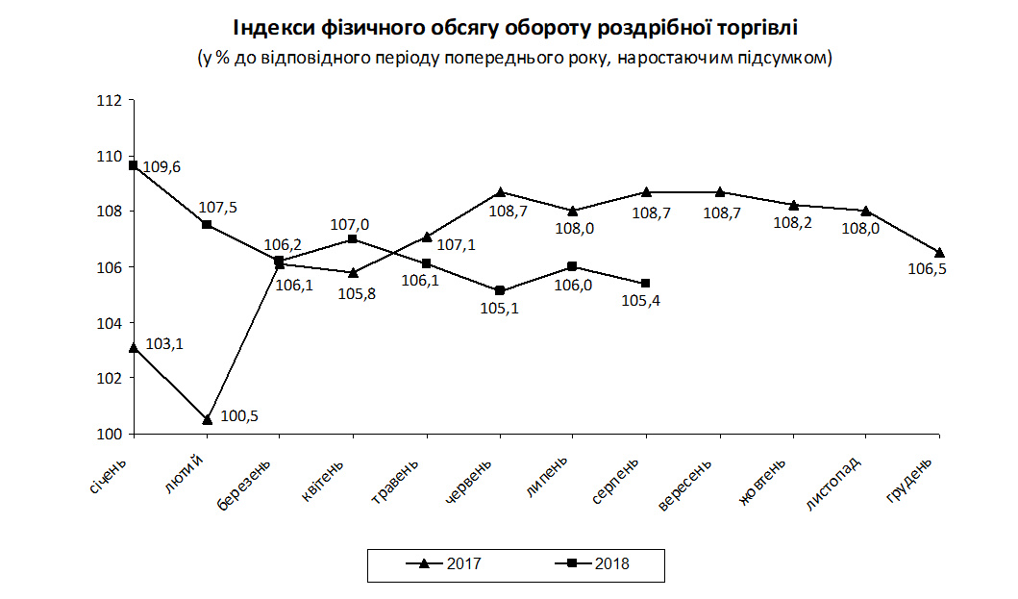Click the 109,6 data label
[x=161, y=167]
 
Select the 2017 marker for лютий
[x=207, y=419]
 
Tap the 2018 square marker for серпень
[x=646, y=283]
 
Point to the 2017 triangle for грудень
[x=939, y=253]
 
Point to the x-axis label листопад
[x=833, y=485]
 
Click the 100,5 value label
[x=240, y=416]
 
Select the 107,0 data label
[x=350, y=224]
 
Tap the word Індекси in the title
[x=270, y=26]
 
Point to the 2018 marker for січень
[x=134, y=165]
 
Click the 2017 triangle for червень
[x=500, y=192]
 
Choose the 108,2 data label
[x=794, y=224]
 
